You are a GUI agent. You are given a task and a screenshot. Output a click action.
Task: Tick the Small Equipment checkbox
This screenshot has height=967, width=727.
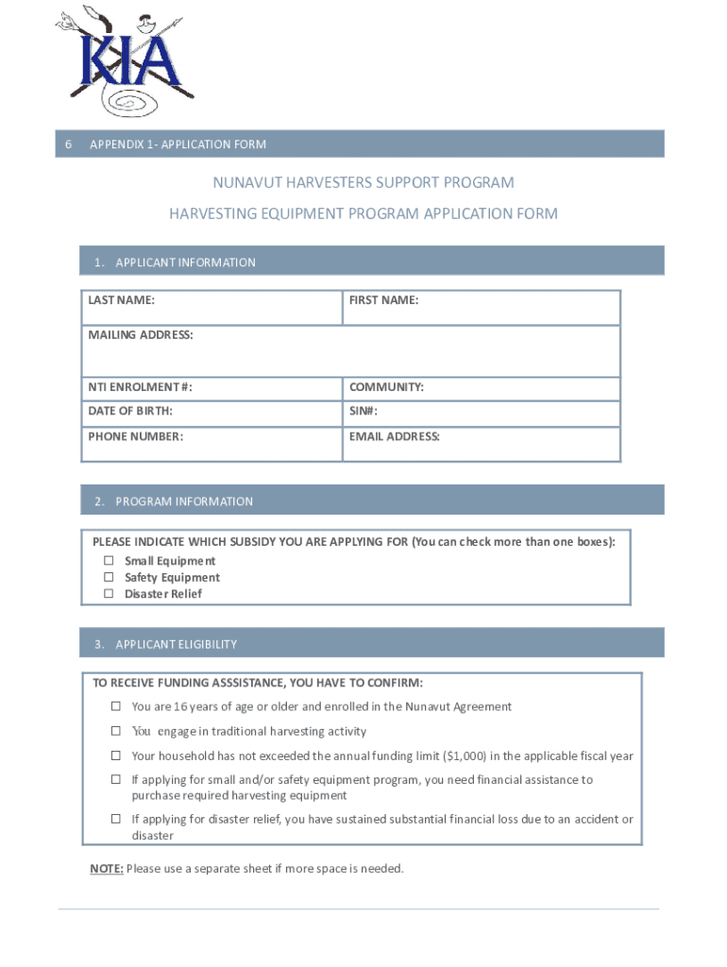[x=109, y=561]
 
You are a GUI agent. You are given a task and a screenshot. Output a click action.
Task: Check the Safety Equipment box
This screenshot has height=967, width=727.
[x=109, y=577]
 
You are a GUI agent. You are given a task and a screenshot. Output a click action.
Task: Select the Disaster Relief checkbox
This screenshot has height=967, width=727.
[x=109, y=594]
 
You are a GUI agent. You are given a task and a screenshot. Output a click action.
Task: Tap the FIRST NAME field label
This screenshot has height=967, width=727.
[x=383, y=300]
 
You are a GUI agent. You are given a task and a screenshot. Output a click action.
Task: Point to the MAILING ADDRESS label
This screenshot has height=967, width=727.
[x=141, y=335]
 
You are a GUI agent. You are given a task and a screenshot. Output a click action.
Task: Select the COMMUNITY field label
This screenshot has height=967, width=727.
[x=386, y=387]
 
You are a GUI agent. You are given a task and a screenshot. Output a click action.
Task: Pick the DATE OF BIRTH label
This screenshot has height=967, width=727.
[x=130, y=412]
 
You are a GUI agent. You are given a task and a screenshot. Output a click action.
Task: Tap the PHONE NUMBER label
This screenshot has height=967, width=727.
[x=136, y=436]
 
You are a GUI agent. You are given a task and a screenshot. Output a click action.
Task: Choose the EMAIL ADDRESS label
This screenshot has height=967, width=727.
[x=395, y=436]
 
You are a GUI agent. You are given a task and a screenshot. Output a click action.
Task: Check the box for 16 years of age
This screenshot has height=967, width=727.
[x=116, y=706]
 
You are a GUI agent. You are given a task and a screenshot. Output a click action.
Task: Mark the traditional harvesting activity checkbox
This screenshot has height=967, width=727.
[x=116, y=731]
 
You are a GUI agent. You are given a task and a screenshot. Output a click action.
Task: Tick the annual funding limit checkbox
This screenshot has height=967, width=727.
[x=116, y=755]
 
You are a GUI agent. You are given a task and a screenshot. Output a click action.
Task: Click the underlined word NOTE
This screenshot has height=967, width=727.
[x=106, y=869]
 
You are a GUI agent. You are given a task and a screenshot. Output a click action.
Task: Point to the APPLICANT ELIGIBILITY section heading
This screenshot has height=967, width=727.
[x=176, y=644]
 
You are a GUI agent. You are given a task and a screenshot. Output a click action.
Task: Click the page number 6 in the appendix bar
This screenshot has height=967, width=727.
[x=68, y=144]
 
